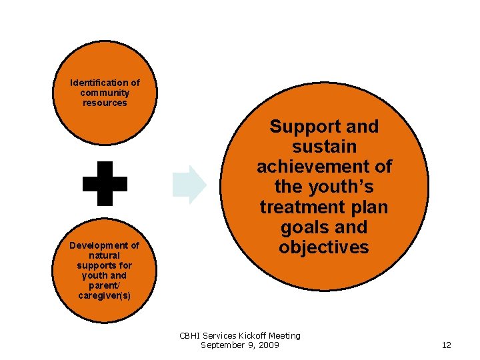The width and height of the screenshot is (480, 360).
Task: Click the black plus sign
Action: point(105,183)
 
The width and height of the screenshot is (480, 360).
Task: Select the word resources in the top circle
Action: point(105,103)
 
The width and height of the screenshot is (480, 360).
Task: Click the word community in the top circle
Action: point(105,93)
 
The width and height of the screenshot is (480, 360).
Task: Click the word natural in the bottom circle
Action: point(105,255)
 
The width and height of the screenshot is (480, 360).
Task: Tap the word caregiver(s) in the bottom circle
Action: point(105,295)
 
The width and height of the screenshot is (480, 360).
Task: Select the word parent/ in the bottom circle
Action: point(105,285)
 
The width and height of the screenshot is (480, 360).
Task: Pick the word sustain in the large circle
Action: point(324,147)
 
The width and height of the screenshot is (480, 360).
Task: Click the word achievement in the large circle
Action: point(324,167)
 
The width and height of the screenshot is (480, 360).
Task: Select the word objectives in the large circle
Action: point(324,247)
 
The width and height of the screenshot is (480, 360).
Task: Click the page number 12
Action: point(447,345)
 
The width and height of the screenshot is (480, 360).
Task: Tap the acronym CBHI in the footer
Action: point(191,335)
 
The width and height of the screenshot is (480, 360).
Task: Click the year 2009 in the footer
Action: point(268,345)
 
